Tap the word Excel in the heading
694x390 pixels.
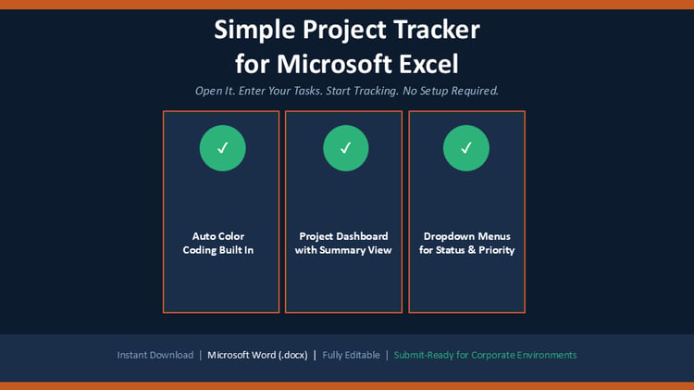[428, 63]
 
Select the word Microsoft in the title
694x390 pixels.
[335, 63]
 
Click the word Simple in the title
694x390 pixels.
[254, 31]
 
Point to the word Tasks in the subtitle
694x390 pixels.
[308, 91]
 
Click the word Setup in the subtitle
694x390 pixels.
[434, 92]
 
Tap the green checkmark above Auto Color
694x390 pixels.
[223, 148]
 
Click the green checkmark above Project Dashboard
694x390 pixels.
[346, 148]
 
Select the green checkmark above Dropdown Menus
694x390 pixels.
[466, 148]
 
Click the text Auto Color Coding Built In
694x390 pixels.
[218, 243]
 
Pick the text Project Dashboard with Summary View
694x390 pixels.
[343, 243]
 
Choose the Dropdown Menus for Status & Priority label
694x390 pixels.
[467, 243]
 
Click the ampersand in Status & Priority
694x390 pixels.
[471, 250]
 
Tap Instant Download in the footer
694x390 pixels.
[155, 355]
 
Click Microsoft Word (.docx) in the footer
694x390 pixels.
[257, 355]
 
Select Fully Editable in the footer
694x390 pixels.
[351, 355]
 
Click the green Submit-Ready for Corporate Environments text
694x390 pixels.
[485, 355]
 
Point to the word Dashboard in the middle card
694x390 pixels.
[366, 236]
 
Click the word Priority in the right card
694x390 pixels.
[497, 250]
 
